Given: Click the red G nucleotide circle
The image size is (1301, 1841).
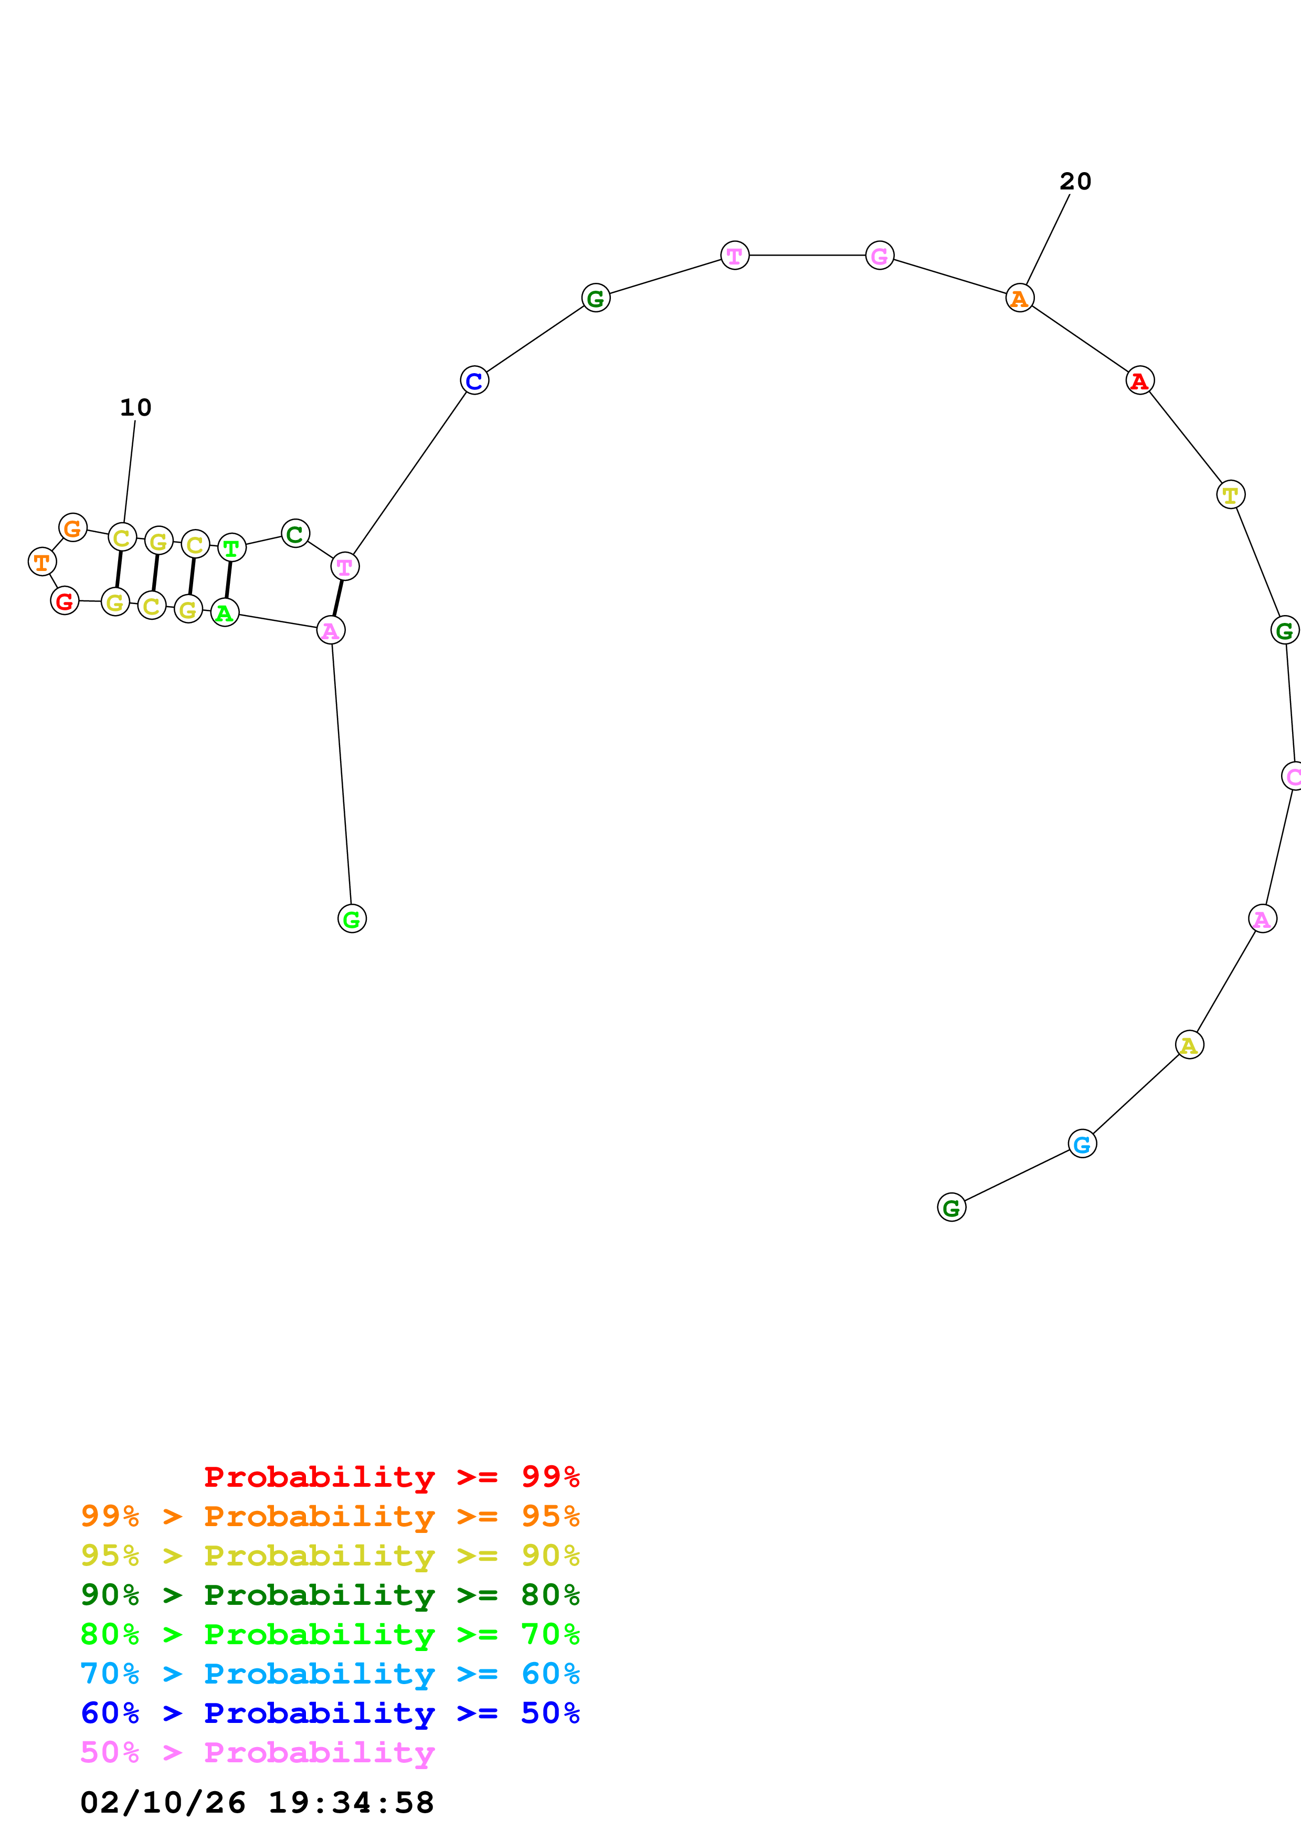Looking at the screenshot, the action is (65, 600).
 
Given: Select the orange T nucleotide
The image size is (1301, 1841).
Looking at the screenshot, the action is (41, 562).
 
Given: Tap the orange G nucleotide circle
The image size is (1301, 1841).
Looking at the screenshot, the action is (73, 527).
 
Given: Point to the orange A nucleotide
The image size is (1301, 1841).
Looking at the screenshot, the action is (1020, 298).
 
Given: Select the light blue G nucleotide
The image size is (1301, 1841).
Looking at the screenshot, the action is (1082, 1144).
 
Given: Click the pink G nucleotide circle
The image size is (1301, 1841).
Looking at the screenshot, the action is (880, 256).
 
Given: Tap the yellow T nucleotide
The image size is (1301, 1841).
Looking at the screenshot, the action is (1231, 495).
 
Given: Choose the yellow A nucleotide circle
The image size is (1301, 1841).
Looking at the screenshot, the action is (1190, 1045).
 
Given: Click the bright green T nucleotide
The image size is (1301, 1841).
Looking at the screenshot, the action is (231, 548).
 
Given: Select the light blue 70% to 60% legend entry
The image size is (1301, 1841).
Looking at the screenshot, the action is (330, 1674).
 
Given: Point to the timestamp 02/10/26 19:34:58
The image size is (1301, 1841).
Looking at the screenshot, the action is (257, 1803).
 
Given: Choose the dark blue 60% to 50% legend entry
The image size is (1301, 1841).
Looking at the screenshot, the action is (330, 1713).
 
